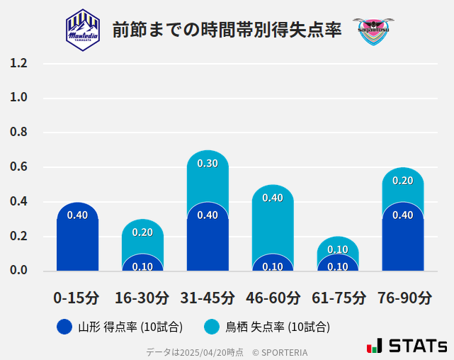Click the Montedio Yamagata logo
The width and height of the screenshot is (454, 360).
(x=83, y=29)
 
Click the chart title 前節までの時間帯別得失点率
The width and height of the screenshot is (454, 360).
(x=227, y=30)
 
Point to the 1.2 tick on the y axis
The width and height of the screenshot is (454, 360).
(x=18, y=64)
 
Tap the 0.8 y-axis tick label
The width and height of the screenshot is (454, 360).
(x=18, y=133)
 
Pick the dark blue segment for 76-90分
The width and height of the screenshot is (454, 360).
(x=402, y=241)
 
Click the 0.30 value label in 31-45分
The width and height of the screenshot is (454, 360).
(x=208, y=164)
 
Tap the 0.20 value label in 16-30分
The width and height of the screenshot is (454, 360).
(x=142, y=232)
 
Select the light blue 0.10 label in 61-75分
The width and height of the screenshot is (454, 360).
(x=338, y=249)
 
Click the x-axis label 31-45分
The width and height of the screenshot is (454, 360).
(x=208, y=298)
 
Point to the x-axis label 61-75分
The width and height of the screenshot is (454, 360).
(x=338, y=298)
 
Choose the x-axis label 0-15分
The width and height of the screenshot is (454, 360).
(x=77, y=298)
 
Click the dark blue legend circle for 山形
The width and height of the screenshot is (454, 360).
(x=64, y=327)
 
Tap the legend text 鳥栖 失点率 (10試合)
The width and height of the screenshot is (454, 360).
(x=278, y=327)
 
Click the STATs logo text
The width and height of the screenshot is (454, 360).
(x=418, y=346)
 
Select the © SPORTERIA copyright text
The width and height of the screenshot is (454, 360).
(x=280, y=351)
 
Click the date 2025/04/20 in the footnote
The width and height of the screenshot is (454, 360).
(x=200, y=351)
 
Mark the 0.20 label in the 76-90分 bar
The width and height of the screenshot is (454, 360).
(x=402, y=181)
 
